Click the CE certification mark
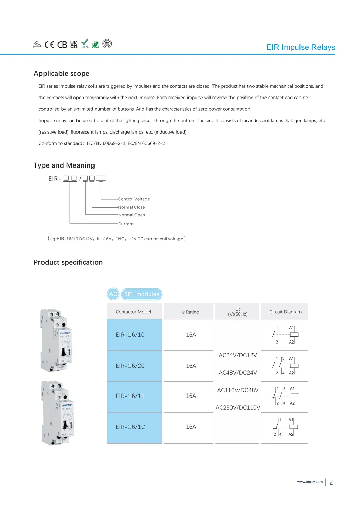(49, 45)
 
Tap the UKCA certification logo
(74, 45)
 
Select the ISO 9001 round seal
(107, 44)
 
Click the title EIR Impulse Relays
(301, 47)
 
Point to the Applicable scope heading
(62, 74)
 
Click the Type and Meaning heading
(64, 165)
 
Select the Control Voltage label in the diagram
(134, 199)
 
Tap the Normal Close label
(132, 207)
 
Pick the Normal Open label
(132, 215)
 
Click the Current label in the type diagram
(126, 224)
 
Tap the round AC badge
(113, 294)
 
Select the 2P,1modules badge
(142, 294)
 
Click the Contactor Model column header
(133, 312)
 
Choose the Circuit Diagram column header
(285, 312)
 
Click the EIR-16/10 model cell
(130, 335)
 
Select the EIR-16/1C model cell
(131, 427)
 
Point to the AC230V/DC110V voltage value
(238, 408)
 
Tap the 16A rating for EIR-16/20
(191, 366)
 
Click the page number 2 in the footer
(331, 482)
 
